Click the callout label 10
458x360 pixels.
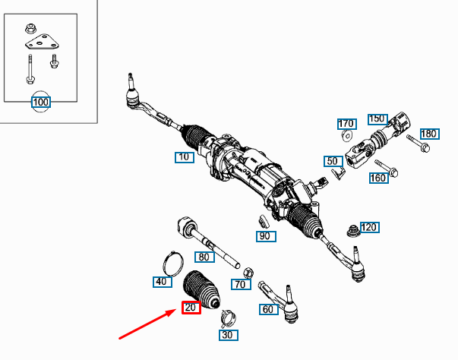pos(184,157)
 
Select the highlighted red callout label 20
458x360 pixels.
pos(191,307)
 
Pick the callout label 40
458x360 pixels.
pos(161,282)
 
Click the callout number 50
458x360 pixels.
pos(332,161)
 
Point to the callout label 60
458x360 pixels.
pos(268,309)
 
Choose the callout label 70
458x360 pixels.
pos(241,285)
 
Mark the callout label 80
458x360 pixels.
pos(204,257)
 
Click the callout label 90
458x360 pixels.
pos(265,236)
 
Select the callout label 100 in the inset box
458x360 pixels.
pos(40,102)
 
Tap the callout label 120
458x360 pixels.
pos(369,227)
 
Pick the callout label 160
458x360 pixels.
pos(378,178)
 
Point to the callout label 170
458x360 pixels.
pos(347,123)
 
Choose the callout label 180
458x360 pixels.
pos(429,134)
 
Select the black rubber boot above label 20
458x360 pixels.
pos(201,286)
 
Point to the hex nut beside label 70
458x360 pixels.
pos(248,271)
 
